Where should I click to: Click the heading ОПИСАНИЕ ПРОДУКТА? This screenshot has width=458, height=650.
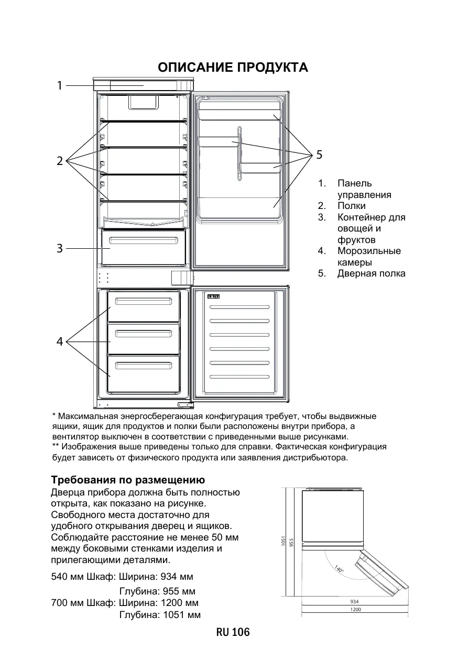pos(233,68)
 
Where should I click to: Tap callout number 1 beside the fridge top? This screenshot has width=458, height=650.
pos(60,85)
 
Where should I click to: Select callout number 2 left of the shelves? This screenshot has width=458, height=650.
pos(60,161)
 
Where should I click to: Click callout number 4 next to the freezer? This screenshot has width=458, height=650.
pos(60,341)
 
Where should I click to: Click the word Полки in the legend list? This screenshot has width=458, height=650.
pos(352,206)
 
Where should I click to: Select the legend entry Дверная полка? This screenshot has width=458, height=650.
pos(371,273)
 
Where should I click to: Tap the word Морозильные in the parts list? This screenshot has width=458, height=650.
pos(369,251)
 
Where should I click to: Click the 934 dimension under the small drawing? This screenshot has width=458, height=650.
pos(354,602)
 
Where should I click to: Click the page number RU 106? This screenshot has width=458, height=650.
pos(233,632)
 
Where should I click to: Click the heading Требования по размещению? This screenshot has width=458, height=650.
pos(127,480)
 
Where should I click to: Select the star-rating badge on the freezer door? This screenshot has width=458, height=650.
pos(213,296)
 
